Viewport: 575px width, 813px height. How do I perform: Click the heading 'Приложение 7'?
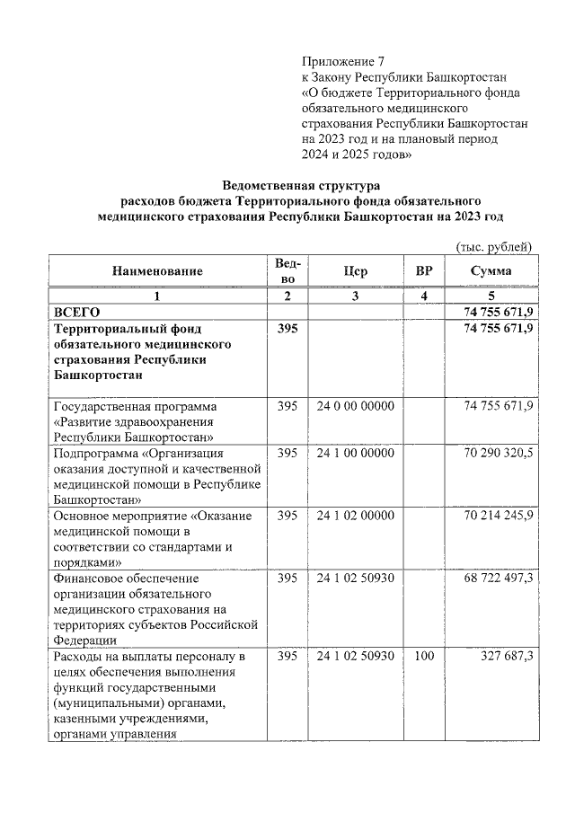342,62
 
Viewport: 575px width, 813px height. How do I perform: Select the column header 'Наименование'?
157,271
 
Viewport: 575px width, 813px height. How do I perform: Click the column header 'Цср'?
355,271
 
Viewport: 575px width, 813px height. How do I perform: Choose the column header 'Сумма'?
491,271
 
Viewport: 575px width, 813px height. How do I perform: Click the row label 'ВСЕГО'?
77,311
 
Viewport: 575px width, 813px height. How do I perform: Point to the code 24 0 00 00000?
355,406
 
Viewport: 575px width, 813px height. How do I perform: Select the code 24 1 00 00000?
355,453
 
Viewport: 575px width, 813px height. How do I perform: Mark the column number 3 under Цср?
355,296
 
